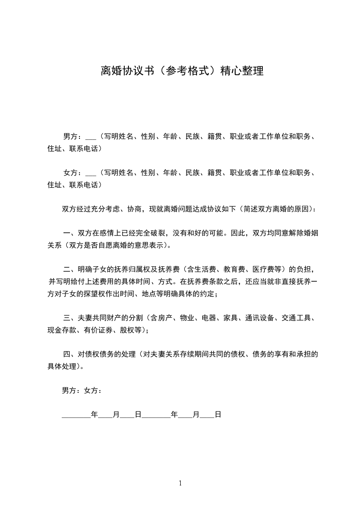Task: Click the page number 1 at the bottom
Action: tap(180, 483)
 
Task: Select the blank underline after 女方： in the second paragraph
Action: tap(91, 172)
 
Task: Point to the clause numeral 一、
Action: tap(69, 234)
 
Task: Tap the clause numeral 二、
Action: tap(69, 270)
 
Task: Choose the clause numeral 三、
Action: tap(69, 318)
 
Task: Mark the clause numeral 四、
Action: tap(69, 353)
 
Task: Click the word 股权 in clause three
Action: tap(128, 329)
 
